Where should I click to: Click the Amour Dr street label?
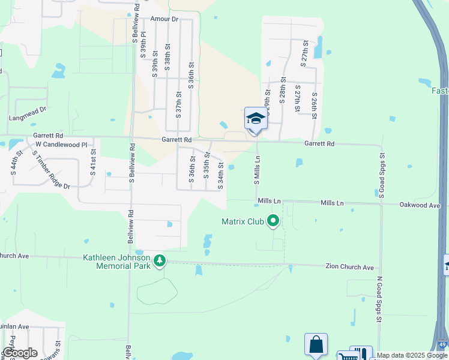(x=165, y=19)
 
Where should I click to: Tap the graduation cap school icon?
(x=256, y=118)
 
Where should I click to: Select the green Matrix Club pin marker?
(x=274, y=222)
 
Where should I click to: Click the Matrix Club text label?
(x=243, y=221)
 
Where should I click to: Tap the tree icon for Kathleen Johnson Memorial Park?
(x=160, y=261)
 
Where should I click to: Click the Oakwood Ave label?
(x=421, y=205)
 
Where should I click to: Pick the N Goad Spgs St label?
(x=379, y=299)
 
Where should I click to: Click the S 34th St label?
(x=220, y=175)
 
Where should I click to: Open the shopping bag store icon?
(x=316, y=345)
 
